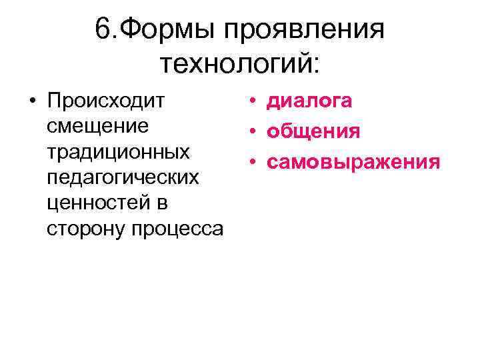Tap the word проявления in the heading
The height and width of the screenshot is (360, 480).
tap(304, 29)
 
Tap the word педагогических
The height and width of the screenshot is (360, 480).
tap(123, 178)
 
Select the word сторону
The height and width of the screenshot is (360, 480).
tap(87, 229)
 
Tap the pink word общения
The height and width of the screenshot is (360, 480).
tap(313, 131)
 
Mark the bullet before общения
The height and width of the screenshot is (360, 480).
tap(254, 131)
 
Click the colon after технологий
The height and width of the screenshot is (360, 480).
tap(315, 65)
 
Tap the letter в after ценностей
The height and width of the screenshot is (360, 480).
tap(162, 204)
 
